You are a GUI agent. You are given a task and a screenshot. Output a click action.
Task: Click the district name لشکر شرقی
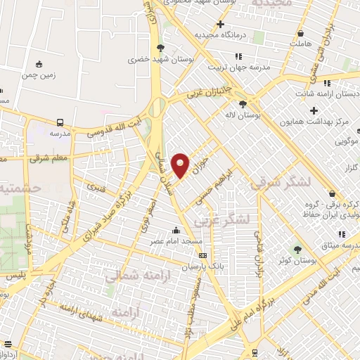tap(279, 181)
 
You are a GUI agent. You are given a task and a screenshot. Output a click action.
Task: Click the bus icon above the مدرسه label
tap(54, 120)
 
